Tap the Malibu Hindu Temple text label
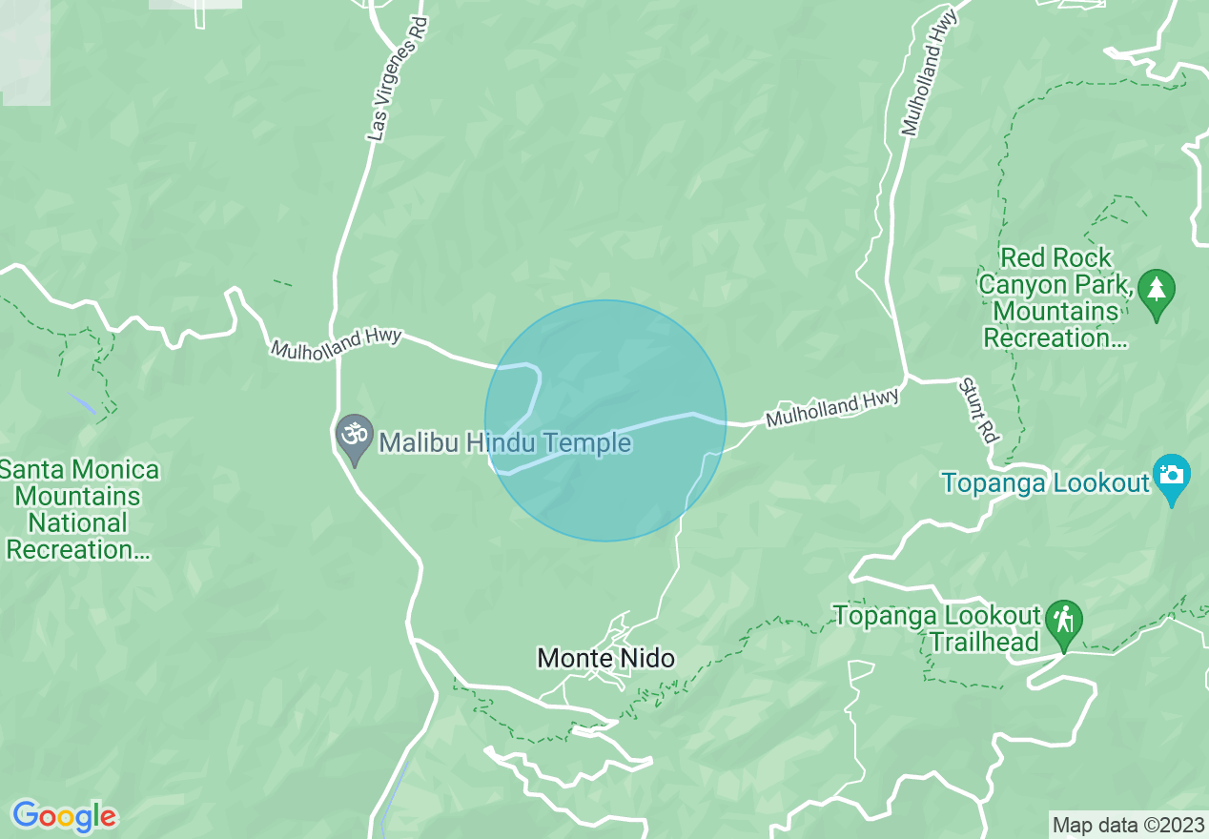point(505,442)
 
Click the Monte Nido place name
point(605,658)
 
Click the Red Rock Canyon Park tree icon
point(1157,291)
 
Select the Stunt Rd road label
point(978,410)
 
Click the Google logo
point(65,816)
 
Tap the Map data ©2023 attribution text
point(1128,824)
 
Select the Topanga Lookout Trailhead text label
point(935,628)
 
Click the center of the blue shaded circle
point(605,420)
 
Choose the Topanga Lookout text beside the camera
point(1045,482)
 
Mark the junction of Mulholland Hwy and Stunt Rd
point(906,379)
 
